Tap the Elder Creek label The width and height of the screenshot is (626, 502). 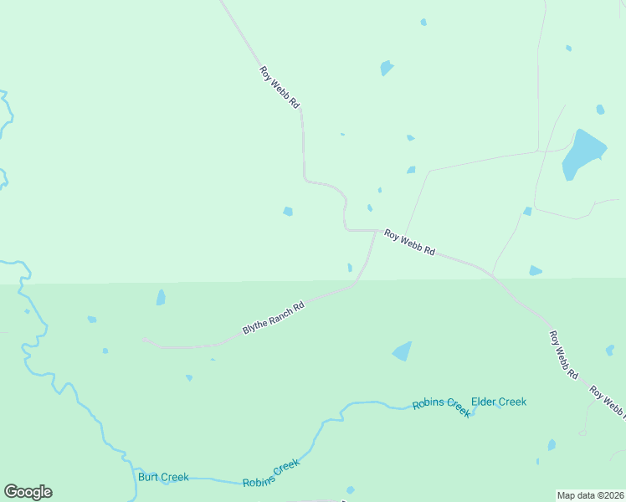coord(499,402)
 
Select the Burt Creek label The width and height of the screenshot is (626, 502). coord(163,477)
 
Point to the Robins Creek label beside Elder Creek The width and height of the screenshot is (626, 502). coord(441,407)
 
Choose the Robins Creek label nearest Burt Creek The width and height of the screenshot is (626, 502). coord(270,474)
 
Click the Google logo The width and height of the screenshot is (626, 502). coord(28,492)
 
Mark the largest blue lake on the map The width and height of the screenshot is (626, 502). coord(583,153)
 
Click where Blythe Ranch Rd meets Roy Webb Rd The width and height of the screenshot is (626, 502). coord(375,232)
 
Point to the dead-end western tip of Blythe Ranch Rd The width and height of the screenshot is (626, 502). coord(145,340)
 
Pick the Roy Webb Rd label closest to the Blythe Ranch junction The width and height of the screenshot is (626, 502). coord(409,243)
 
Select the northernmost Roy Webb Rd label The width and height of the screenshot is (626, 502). coord(280,87)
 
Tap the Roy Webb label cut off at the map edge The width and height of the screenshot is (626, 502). coord(608,402)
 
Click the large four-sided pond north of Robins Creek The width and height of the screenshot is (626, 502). coord(403,351)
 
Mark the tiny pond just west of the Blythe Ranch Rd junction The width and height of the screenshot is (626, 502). coord(350,268)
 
